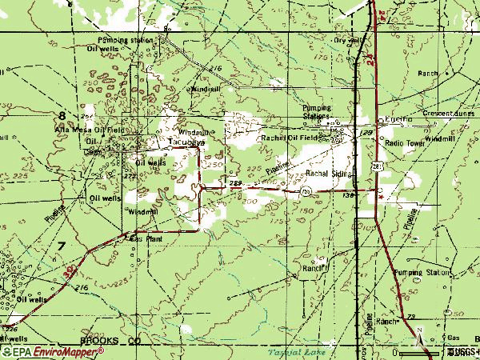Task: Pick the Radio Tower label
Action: pyautogui.click(x=403, y=142)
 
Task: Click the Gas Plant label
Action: pyautogui.click(x=146, y=238)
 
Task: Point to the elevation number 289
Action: pyautogui.click(x=235, y=183)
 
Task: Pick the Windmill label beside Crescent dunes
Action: pyautogui.click(x=439, y=139)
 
